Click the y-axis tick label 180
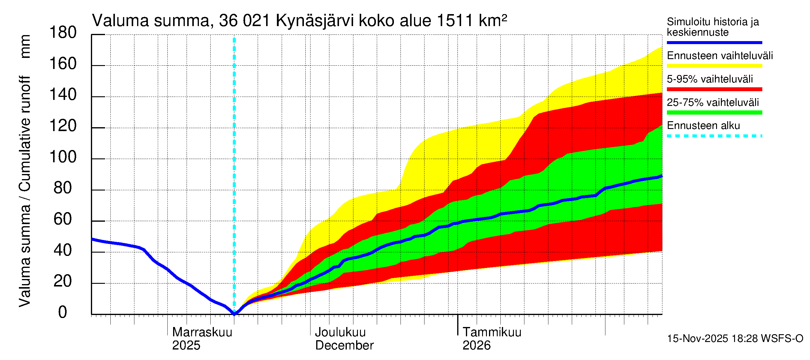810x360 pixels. tap(63, 33)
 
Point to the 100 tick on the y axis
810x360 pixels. tap(63, 157)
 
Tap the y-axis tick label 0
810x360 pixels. tap(63, 313)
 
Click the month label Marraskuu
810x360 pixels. tap(202, 332)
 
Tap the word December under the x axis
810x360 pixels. tap(344, 346)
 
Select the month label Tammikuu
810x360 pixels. tap(492, 332)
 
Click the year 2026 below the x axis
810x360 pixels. tap(476, 346)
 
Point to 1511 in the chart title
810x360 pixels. tap(455, 21)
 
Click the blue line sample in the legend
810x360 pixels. tap(714, 42)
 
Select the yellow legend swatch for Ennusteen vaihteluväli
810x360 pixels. tap(714, 66)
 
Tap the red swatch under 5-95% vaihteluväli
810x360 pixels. tap(714, 89)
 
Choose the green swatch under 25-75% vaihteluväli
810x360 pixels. tap(714, 112)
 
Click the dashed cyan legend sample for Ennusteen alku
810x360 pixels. tap(714, 136)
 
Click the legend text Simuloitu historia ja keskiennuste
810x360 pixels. tap(712, 27)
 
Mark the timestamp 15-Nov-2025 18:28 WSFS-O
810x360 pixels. tap(735, 339)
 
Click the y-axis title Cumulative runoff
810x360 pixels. tap(25, 133)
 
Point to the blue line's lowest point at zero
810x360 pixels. tap(234, 313)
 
